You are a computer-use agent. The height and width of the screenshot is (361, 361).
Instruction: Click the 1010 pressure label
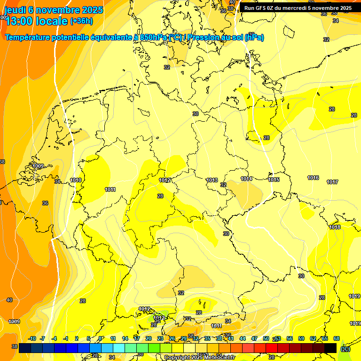[76, 180]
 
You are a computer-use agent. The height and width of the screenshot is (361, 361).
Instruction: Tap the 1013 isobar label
[212, 180]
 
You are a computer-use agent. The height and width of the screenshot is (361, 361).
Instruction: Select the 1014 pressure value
[247, 179]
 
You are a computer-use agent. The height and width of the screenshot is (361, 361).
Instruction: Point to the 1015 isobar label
[274, 180]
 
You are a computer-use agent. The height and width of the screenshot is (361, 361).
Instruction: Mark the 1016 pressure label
[314, 178]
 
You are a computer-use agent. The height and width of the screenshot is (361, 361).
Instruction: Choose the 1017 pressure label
[333, 182]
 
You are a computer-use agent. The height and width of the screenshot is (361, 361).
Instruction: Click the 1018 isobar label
[335, 228]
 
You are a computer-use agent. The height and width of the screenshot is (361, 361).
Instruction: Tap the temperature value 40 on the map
[9, 300]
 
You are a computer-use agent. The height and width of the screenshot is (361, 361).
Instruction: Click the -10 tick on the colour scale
[32, 338]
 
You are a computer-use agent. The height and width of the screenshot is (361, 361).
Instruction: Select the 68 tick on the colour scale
[337, 338]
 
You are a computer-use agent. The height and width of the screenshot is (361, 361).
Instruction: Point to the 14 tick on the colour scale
[125, 338]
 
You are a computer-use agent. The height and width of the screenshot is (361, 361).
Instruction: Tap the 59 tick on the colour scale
[301, 338]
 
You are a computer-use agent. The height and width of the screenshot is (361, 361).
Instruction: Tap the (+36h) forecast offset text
[81, 21]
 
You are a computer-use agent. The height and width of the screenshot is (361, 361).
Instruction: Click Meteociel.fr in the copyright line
[214, 358]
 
